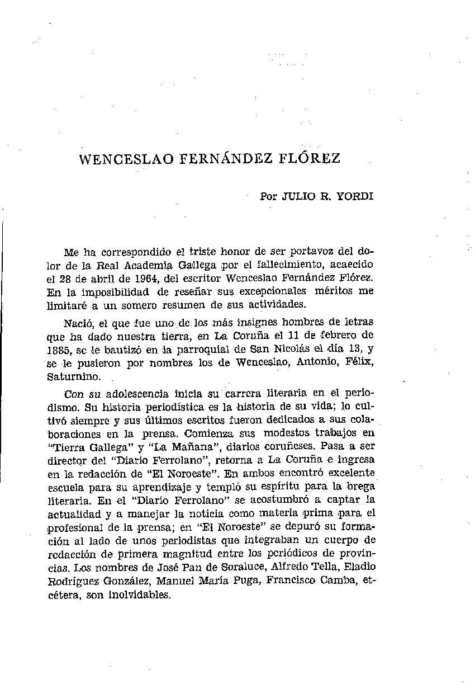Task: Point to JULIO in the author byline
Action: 300,197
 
